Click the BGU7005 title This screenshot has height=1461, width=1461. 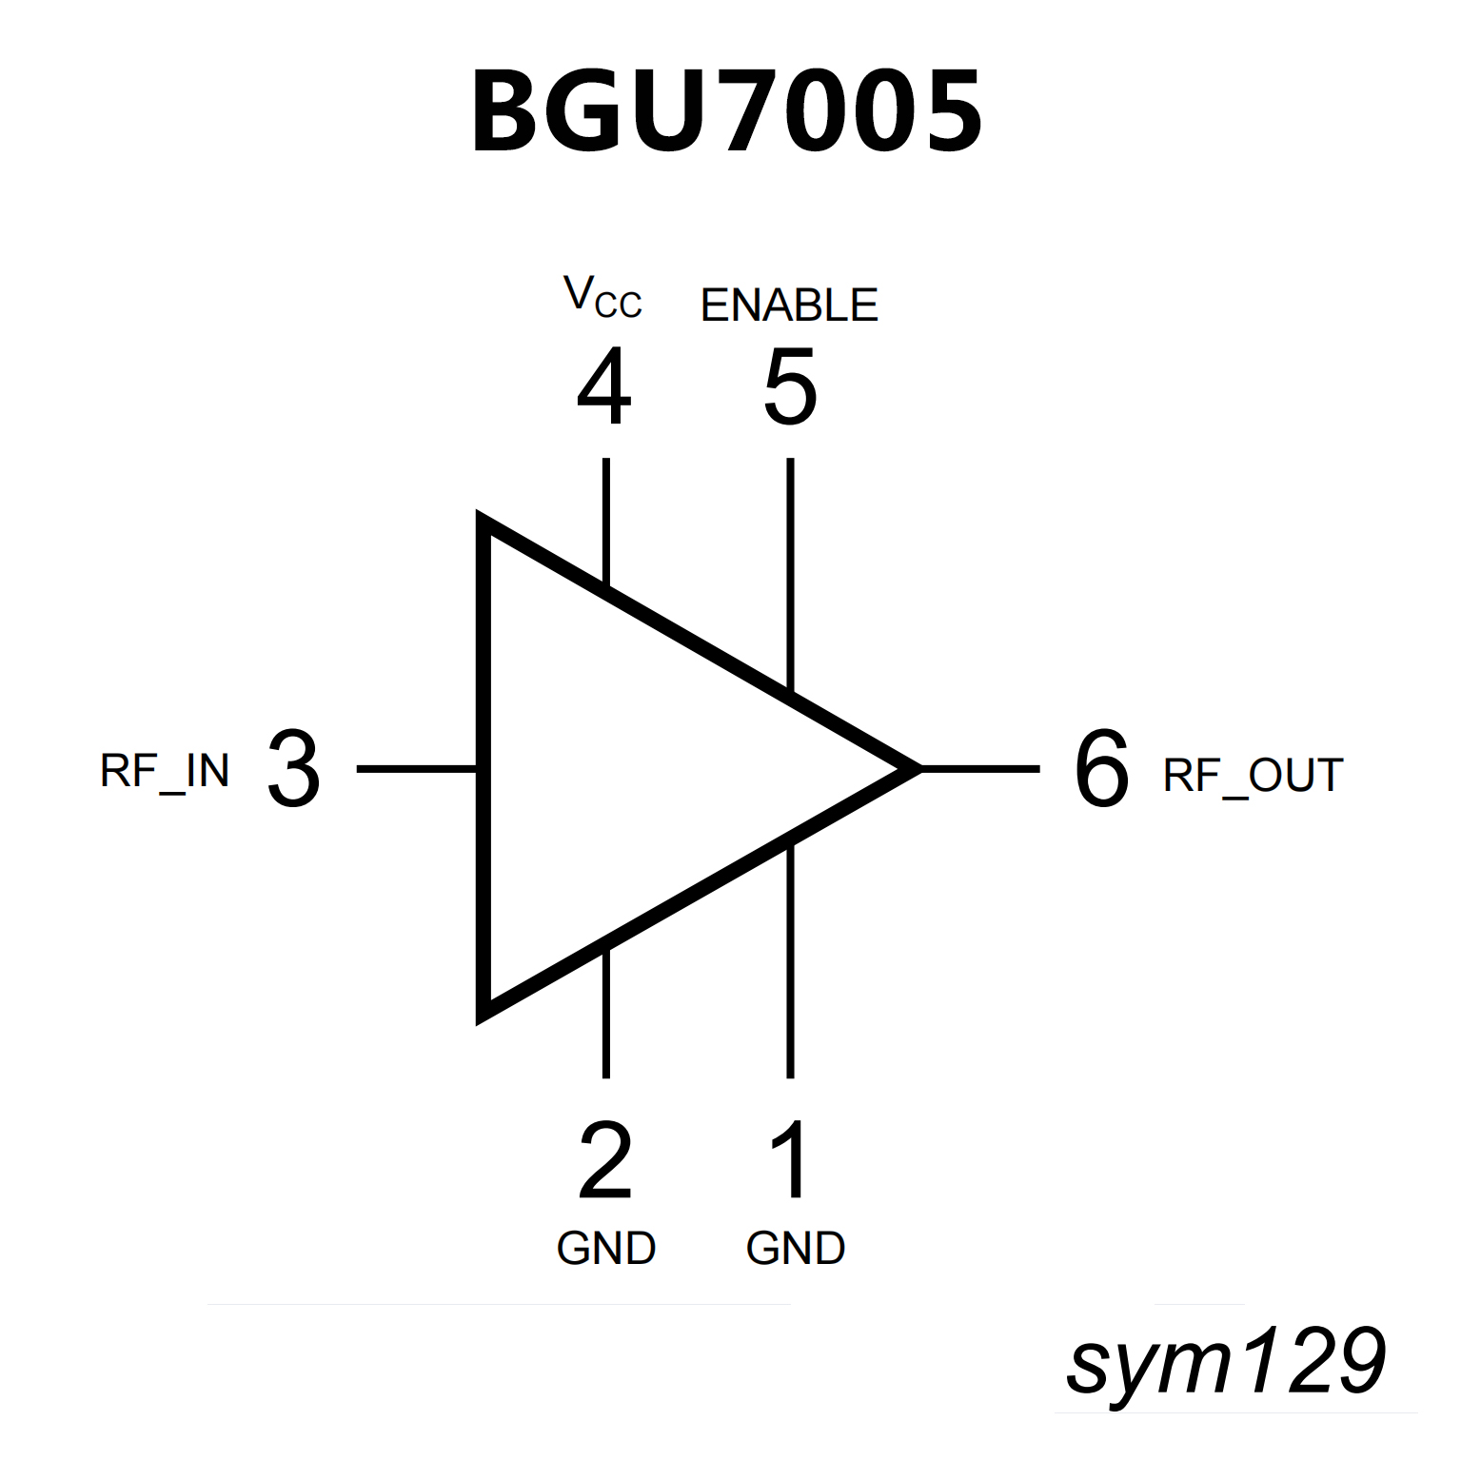[x=727, y=112]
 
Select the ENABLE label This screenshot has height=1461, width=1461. [x=789, y=306]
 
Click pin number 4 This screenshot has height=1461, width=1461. [x=604, y=387]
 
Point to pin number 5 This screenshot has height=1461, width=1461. [x=790, y=387]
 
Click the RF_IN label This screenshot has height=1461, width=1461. [x=165, y=772]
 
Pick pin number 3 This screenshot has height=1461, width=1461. [x=293, y=770]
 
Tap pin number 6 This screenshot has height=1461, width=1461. [x=1101, y=770]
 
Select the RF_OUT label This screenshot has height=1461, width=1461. [x=1253, y=776]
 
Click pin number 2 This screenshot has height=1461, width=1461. [x=605, y=1160]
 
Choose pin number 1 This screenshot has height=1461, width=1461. [x=790, y=1160]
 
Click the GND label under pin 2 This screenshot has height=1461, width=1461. [x=606, y=1249]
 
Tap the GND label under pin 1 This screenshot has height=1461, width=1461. [x=796, y=1249]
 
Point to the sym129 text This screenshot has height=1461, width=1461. [x=1226, y=1362]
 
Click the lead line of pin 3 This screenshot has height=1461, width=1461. [x=417, y=768]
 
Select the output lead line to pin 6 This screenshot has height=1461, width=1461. [x=980, y=767]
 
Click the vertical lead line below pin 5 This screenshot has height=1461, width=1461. [x=790, y=571]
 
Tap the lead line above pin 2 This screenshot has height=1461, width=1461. [x=605, y=1013]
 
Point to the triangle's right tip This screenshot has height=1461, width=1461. [x=916, y=767]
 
